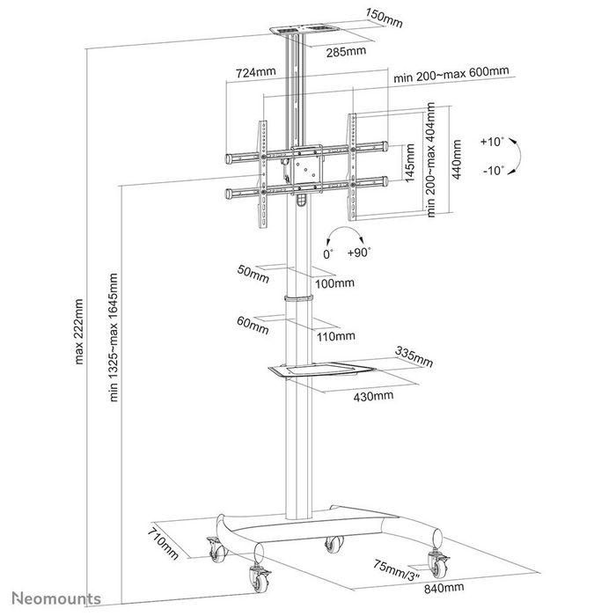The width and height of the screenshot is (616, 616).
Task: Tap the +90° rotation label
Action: pos(359,252)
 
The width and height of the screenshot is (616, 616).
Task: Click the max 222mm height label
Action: pos(79,331)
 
